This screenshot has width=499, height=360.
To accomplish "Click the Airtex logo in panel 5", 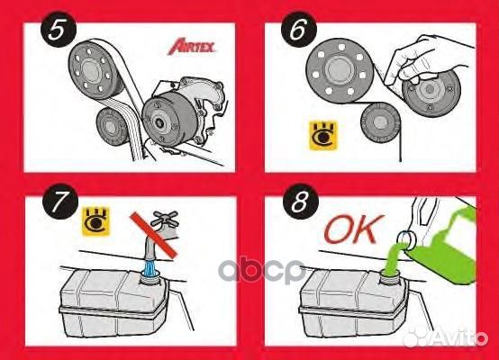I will point(197,48).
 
